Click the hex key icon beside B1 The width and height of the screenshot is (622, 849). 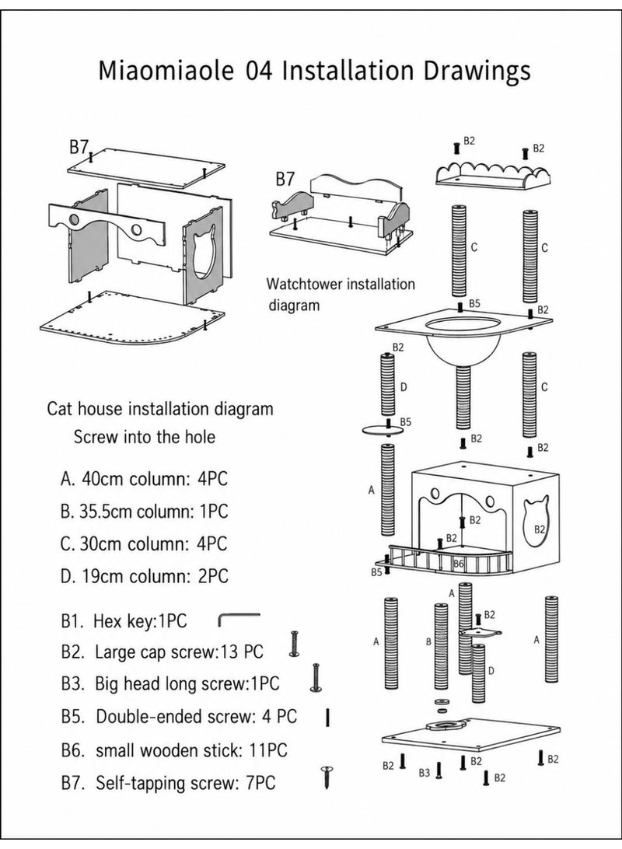[239, 618]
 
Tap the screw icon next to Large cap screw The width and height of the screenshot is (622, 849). [295, 644]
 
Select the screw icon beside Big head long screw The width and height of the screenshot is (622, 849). [316, 677]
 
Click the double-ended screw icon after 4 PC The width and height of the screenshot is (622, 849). [328, 718]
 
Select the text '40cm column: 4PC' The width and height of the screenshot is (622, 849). [154, 479]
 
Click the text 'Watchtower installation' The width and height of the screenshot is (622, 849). [341, 284]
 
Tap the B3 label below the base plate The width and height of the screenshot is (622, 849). [424, 773]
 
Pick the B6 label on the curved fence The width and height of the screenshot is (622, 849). [459, 563]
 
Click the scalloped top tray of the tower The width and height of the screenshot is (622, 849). [494, 177]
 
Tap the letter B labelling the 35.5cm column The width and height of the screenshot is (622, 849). [428, 641]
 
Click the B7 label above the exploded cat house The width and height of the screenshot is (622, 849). [79, 147]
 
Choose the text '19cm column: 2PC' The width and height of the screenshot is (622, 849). [154, 575]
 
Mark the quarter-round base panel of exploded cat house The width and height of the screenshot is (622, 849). [132, 323]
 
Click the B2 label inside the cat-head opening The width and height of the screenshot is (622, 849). [539, 529]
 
